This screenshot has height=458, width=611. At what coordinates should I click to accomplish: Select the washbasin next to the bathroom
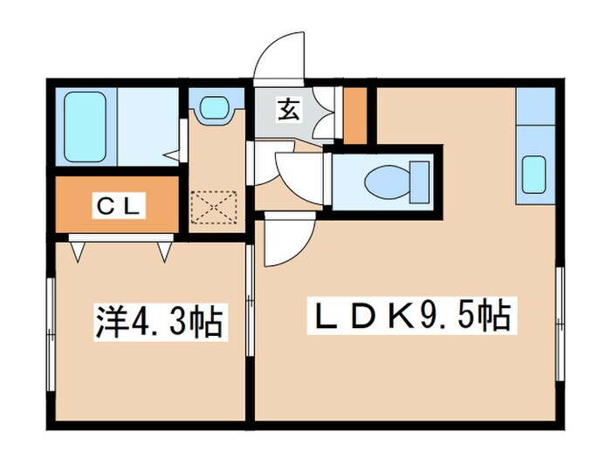click(213, 109)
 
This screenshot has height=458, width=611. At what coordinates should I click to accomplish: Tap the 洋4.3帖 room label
click(158, 322)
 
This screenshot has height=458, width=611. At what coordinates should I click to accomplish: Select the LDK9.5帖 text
click(408, 315)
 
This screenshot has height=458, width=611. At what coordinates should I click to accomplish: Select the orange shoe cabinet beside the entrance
click(354, 114)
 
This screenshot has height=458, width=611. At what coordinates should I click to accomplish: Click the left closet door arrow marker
click(79, 252)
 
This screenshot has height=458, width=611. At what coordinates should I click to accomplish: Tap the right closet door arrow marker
click(163, 252)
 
